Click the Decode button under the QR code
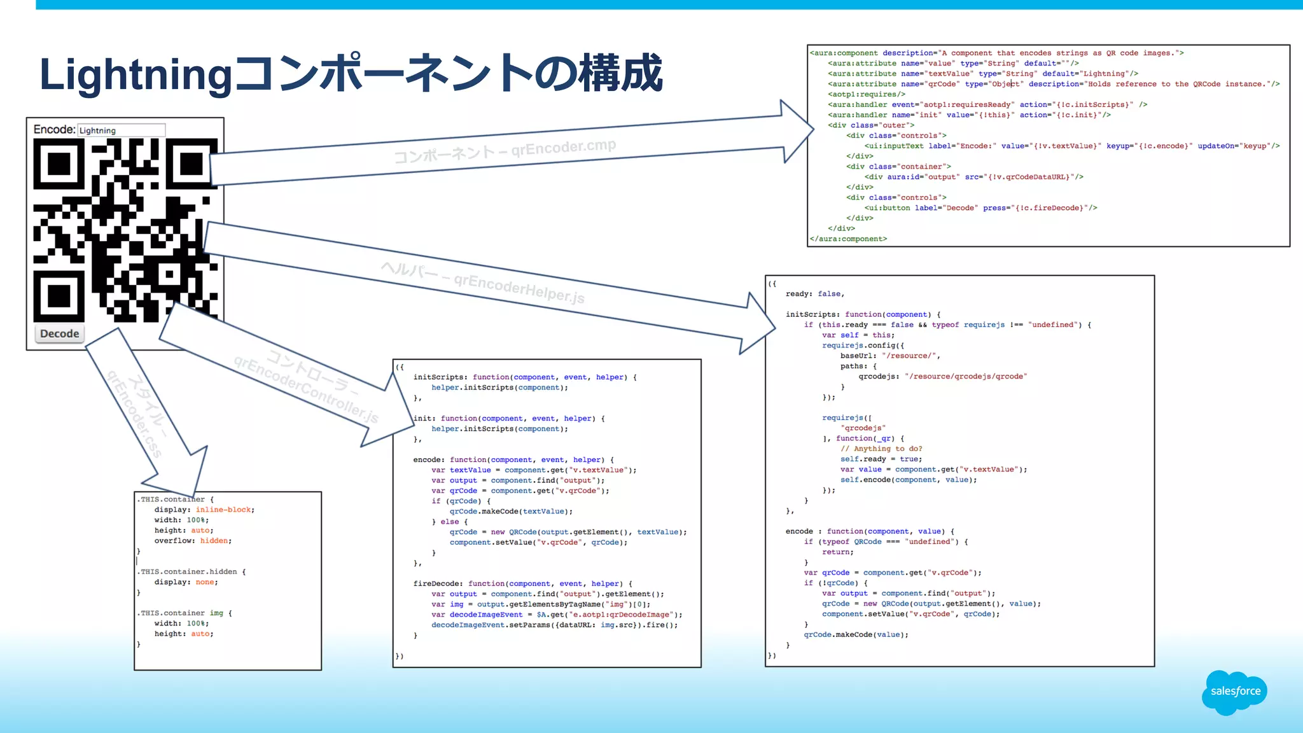pyautogui.click(x=59, y=333)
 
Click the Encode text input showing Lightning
pyautogui.click(x=121, y=130)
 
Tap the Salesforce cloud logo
pyautogui.click(x=1235, y=692)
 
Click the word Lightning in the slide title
pyautogui.click(x=136, y=74)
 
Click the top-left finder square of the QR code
pyautogui.click(x=59, y=164)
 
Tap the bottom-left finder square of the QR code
pyautogui.click(x=59, y=296)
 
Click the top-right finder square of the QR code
pyautogui.click(x=192, y=164)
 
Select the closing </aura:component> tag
pyautogui.click(x=848, y=239)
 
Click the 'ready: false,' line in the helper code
pyautogui.click(x=814, y=294)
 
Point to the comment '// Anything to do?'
pyautogui.click(x=881, y=449)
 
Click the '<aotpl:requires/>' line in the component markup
pyautogui.click(x=867, y=94)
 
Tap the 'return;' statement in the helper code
pyautogui.click(x=837, y=552)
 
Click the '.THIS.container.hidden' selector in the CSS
pyautogui.click(x=188, y=572)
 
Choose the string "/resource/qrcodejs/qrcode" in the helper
pyautogui.click(x=965, y=377)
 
